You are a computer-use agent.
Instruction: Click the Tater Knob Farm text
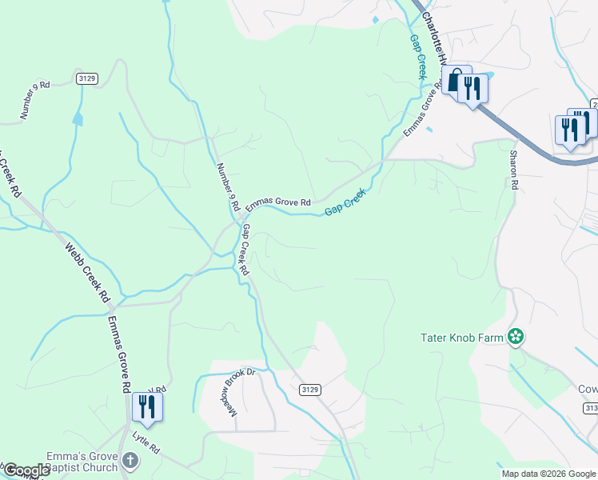pyautogui.click(x=462, y=338)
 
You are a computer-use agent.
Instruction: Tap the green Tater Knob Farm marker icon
pyautogui.click(x=516, y=338)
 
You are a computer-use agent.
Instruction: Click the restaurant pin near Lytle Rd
pyautogui.click(x=147, y=406)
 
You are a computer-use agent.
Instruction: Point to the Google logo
pyautogui.click(x=26, y=470)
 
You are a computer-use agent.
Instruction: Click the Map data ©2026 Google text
pyautogui.click(x=548, y=474)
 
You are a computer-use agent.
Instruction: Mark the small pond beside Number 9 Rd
pyautogui.click(x=78, y=119)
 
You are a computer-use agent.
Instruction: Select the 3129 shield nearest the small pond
pyautogui.click(x=88, y=78)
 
